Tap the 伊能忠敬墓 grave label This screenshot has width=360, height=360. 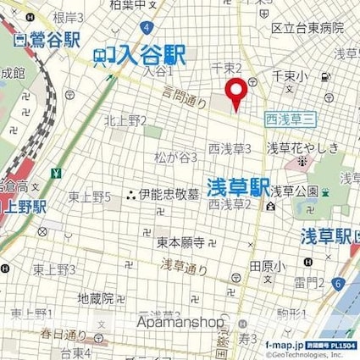coord(166,193)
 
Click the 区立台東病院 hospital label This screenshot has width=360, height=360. coord(307,28)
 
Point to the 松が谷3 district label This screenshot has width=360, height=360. coord(177,158)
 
